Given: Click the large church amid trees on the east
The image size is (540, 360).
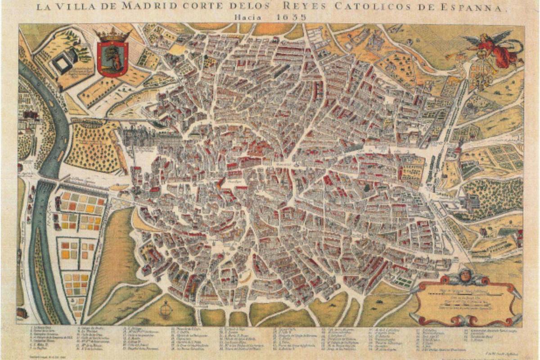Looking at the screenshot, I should (472, 202).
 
